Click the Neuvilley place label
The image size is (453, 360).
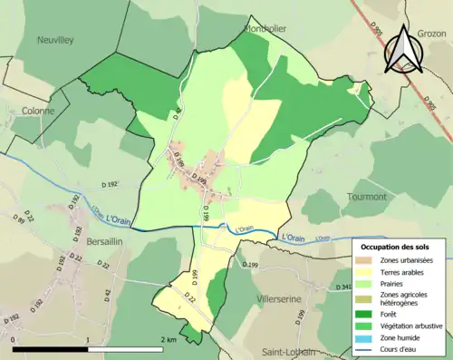(56, 40)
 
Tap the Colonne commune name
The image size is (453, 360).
(38, 111)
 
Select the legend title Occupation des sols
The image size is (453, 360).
(396, 247)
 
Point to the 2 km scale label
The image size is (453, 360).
(169, 339)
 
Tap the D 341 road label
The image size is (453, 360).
(342, 287)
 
